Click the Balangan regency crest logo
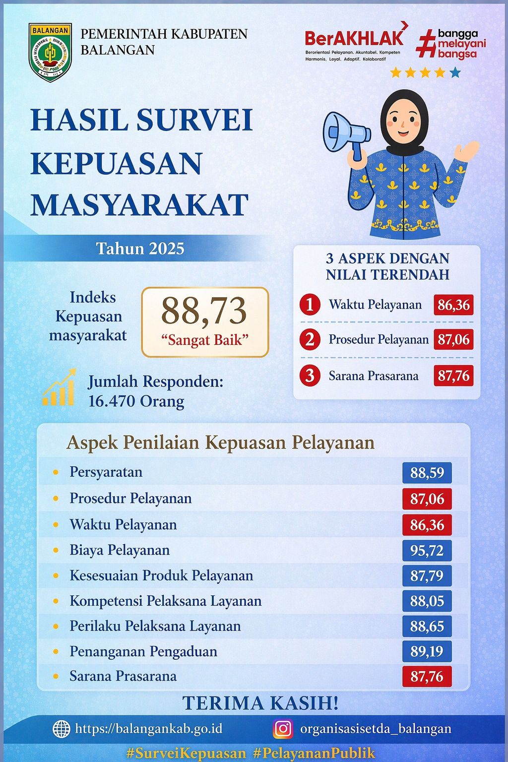pos(50,52)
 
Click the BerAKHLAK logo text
pos(354,38)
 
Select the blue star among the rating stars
pos(455,73)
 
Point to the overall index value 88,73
pos(204,312)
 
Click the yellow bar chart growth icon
pos(59,388)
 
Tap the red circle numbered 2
pos(310,339)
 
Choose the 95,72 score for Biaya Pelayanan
pos(427,551)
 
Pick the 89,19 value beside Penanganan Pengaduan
pos(427,651)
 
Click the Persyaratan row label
pos(106,472)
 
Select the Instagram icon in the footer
pos(283,728)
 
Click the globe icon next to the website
pos(62,729)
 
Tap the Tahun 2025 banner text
pos(140,248)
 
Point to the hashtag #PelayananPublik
pos(314,753)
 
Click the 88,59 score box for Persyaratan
pos(427,473)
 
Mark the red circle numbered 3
pos(310,376)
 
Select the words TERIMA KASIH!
pos(260,703)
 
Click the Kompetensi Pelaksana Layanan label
pos(165,601)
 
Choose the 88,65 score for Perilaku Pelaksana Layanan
pos(427,626)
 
